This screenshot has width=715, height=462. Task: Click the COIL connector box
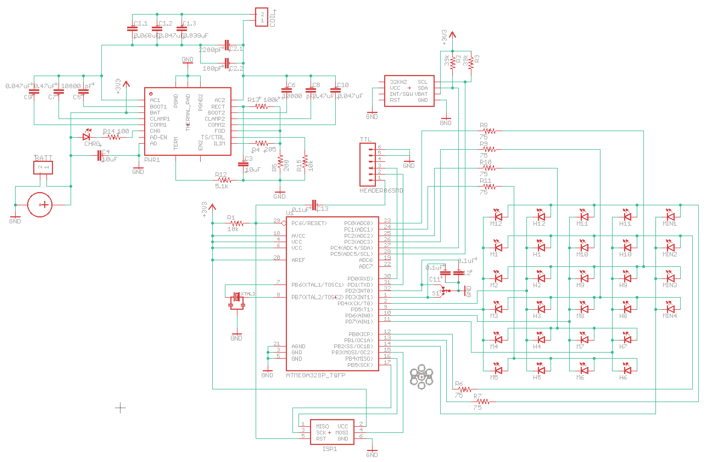261,17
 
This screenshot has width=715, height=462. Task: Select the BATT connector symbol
43,167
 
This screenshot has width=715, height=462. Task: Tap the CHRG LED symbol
86,137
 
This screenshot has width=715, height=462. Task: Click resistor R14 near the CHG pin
114,137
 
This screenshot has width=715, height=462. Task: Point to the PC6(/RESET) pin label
309,223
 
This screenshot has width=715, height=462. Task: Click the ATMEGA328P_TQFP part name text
315,375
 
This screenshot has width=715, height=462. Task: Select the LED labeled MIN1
670,216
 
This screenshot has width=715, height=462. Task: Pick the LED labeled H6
627,370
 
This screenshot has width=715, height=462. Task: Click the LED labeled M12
498,216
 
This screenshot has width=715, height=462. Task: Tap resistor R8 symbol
489,131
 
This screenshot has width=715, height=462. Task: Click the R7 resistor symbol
483,402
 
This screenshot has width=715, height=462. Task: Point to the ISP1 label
330,449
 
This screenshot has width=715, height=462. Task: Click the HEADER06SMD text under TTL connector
381,190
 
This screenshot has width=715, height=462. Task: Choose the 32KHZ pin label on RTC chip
398,82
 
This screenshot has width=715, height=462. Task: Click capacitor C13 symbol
314,205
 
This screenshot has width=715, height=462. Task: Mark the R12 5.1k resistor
224,180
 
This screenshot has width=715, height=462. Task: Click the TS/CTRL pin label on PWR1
213,137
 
